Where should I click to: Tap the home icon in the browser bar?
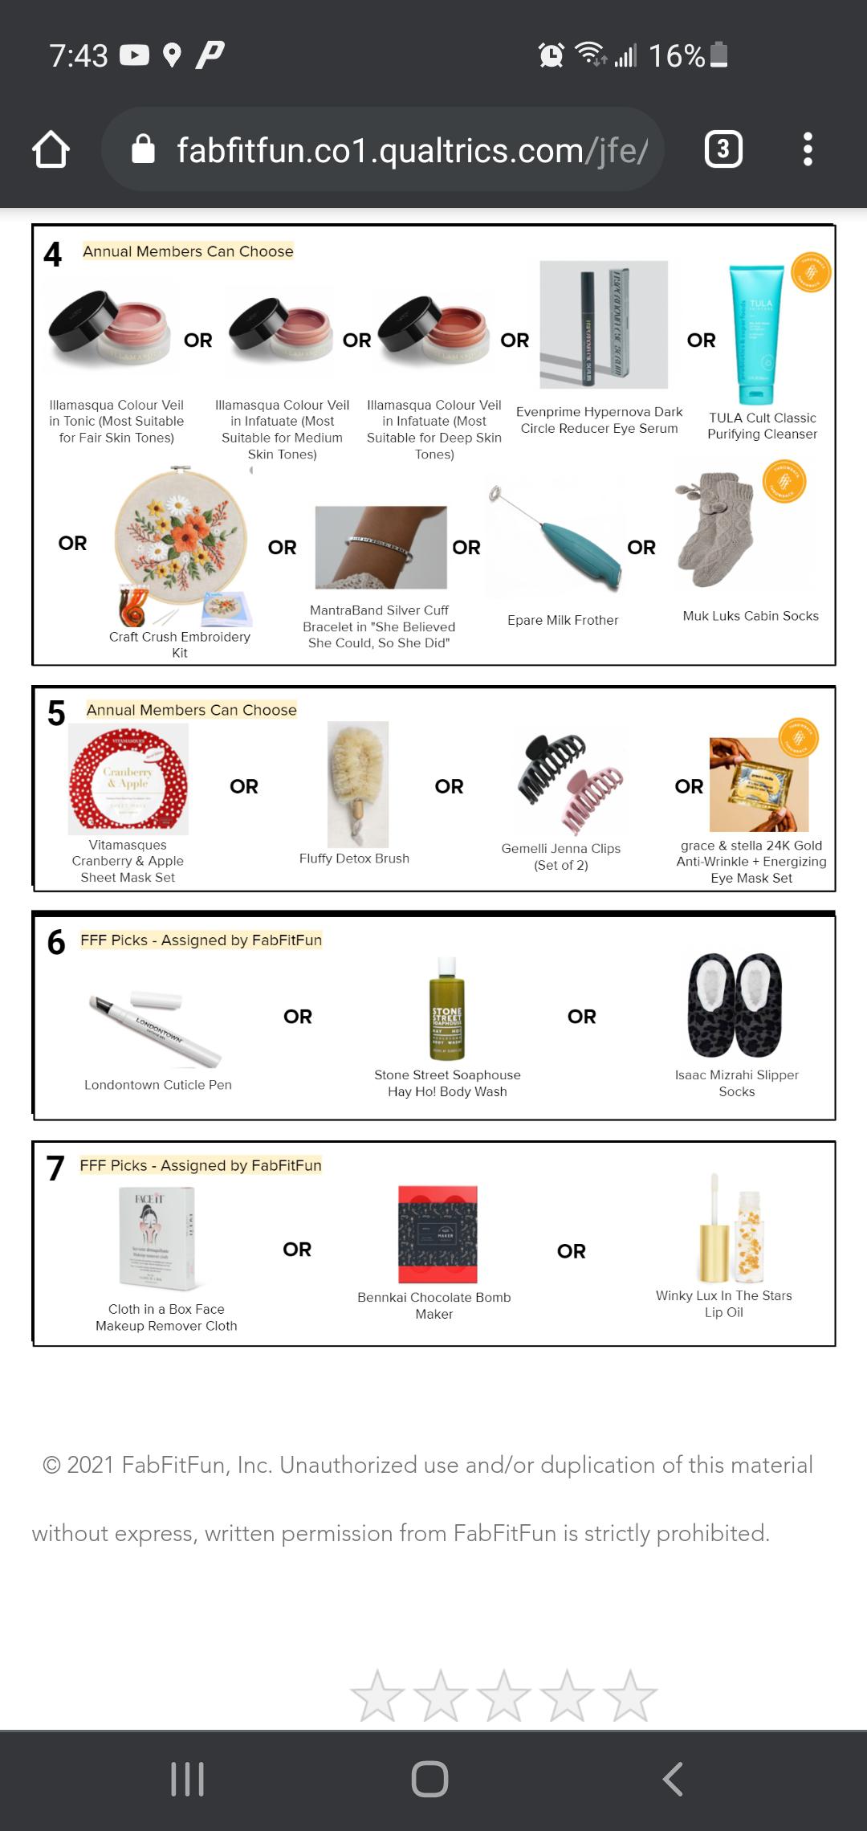(51, 149)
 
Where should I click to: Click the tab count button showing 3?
(722, 149)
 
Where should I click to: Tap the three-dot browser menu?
(808, 149)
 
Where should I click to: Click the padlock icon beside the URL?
(143, 149)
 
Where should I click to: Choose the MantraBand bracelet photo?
(380, 547)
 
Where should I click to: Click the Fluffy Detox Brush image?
(358, 783)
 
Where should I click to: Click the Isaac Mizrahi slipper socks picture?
(735, 1005)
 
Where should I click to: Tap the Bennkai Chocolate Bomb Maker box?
(438, 1234)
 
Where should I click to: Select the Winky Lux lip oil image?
(732, 1229)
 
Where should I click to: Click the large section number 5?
(56, 713)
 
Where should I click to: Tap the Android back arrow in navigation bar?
(673, 1778)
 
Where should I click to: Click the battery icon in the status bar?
(719, 55)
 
